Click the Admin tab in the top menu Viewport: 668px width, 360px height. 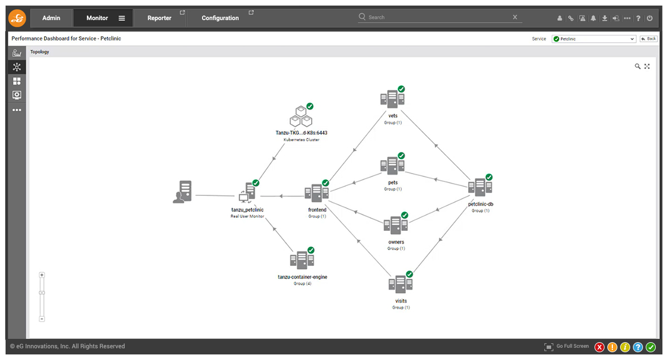(51, 18)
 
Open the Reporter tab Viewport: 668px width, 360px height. (159, 18)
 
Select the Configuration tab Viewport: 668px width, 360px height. (220, 18)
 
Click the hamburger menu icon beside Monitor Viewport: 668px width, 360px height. (122, 18)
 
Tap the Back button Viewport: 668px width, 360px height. (649, 39)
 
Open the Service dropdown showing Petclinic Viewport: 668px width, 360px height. (594, 39)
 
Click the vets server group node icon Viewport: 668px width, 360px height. (392, 98)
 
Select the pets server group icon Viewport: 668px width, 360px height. (392, 165)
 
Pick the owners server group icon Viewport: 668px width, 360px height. (395, 225)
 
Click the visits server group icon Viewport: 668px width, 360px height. (400, 284)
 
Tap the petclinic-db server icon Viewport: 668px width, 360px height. (480, 187)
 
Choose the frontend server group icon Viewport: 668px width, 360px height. (317, 193)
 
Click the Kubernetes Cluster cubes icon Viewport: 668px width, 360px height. (301, 116)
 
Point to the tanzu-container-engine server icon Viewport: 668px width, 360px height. (302, 260)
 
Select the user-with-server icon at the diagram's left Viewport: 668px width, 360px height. (182, 192)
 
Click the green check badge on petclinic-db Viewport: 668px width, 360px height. (489, 177)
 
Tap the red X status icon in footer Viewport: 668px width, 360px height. (600, 347)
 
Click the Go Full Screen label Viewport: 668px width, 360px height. (573, 346)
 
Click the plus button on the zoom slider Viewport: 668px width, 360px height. (42, 275)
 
